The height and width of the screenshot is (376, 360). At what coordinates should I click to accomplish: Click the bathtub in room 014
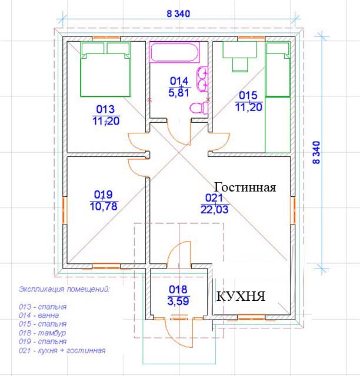click(x=174, y=52)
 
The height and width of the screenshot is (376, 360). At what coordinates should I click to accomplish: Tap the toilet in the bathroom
click(x=199, y=108)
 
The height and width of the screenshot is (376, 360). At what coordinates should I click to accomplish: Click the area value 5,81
click(x=179, y=92)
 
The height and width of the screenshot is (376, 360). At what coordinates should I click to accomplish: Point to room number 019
click(x=104, y=194)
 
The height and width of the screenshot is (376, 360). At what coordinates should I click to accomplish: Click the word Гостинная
click(x=245, y=187)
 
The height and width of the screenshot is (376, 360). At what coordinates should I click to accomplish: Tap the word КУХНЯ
click(x=241, y=296)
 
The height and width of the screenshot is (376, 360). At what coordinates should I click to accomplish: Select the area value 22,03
click(x=215, y=210)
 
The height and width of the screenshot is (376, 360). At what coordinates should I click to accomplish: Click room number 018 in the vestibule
click(x=178, y=290)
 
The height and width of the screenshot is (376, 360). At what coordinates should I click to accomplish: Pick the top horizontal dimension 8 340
click(x=178, y=14)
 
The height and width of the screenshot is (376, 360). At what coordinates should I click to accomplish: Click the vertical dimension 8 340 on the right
click(x=317, y=153)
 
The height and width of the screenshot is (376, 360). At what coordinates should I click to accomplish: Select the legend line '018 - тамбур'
click(x=42, y=333)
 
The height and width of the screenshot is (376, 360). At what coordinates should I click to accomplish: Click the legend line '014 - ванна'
click(x=39, y=315)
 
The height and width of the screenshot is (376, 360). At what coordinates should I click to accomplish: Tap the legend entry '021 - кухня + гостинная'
click(x=62, y=351)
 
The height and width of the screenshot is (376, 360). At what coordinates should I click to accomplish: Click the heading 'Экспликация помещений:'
click(x=64, y=289)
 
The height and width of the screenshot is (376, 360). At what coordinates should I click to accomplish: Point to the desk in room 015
click(x=240, y=56)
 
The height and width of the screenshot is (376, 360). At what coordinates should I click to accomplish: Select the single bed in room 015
click(x=278, y=69)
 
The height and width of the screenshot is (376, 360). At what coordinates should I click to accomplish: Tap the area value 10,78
click(x=104, y=206)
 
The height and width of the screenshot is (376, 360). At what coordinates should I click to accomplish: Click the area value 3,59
click(x=178, y=301)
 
